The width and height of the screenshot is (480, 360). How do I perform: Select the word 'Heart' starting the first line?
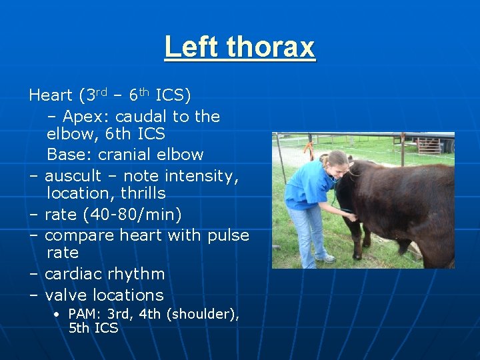[51, 96]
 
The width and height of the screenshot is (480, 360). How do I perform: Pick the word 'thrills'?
[143, 193]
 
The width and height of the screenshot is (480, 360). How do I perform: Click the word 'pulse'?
[227, 236]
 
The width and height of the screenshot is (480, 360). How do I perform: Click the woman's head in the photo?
[335, 161]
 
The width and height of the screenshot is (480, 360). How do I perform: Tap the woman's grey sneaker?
[325, 257]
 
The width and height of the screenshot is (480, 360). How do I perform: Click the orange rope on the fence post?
[309, 143]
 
